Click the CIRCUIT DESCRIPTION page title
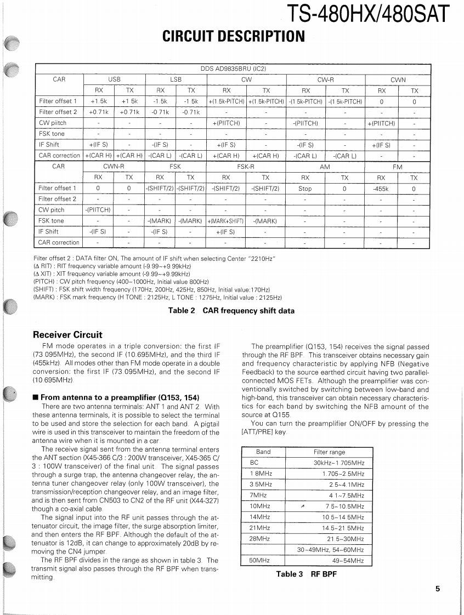pos(233,36)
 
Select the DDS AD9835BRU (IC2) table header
pos(233,69)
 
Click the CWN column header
pos(398,79)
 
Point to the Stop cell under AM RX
pos(305,189)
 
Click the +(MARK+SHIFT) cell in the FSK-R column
pos(226,221)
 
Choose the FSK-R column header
pos(246,166)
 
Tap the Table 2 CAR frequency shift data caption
pos(231,311)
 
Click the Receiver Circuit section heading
pos(67,334)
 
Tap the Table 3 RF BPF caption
pos(306,574)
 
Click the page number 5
pos(438,589)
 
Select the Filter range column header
pos(329,452)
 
